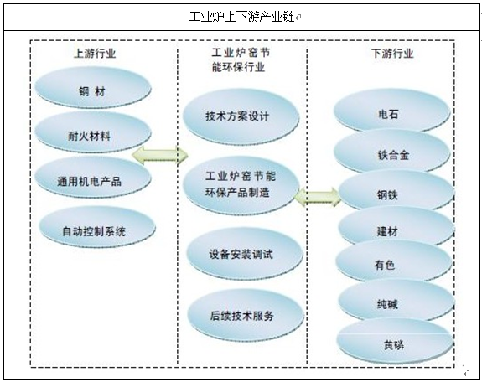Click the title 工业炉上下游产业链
pos(242,17)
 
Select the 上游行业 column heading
pos(95,54)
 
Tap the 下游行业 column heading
pos(392,54)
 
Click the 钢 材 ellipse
pos(93,87)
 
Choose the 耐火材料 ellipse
pos(93,132)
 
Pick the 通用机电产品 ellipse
pos(93,177)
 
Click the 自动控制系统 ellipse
pos(97,227)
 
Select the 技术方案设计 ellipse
pos(241,116)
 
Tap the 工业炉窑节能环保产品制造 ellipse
pos(241,185)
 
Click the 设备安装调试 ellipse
pos(245,254)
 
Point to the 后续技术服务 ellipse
pos(246,315)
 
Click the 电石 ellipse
pos(392,111)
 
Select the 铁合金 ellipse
pos(392,151)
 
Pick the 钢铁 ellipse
pos(396,190)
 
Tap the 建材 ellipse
pos(396,227)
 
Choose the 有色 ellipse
pos(394,261)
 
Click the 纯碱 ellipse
pos(396,301)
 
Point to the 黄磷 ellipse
pos(395,340)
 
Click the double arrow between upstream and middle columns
pos(160,155)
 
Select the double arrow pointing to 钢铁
pos(319,197)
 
